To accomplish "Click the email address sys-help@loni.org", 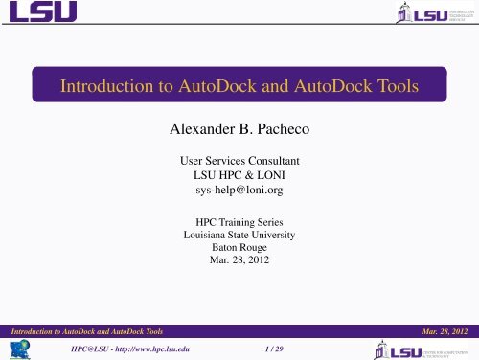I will [239, 190].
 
